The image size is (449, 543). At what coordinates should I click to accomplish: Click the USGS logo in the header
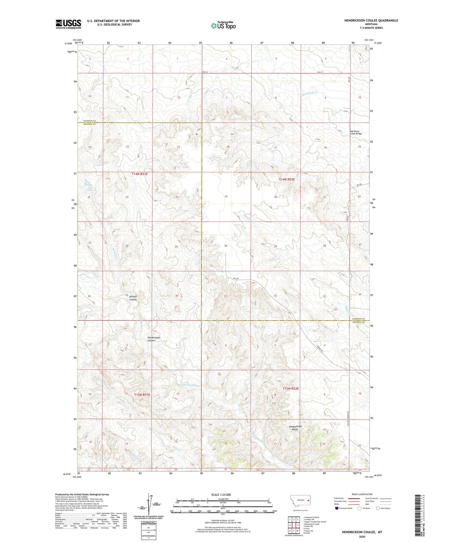[68, 24]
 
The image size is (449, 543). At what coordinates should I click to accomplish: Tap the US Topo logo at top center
[223, 26]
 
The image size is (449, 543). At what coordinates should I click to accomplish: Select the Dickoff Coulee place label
[133, 298]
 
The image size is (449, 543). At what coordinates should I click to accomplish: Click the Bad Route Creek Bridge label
[356, 132]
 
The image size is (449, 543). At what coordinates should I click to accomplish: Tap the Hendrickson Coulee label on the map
[154, 339]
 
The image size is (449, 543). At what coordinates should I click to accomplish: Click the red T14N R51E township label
[140, 174]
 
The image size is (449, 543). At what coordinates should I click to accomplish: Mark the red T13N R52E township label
[291, 389]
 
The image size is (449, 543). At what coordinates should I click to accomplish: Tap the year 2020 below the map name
[362, 537]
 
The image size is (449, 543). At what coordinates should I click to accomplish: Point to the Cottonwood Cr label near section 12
[191, 385]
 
